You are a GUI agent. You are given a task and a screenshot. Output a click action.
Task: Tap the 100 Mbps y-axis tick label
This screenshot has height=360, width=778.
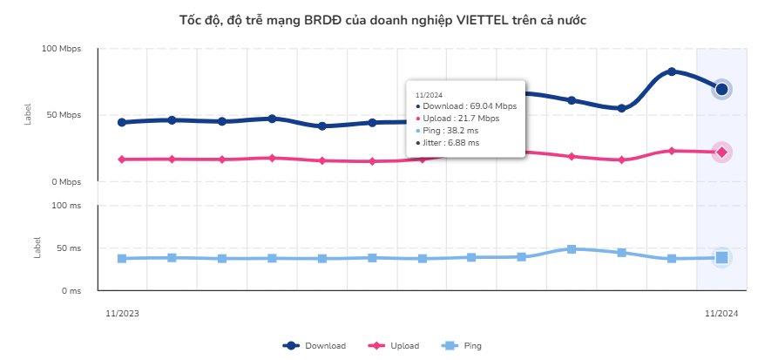pyautogui.click(x=62, y=49)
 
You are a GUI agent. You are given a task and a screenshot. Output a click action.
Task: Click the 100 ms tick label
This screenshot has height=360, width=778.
pyautogui.click(x=67, y=206)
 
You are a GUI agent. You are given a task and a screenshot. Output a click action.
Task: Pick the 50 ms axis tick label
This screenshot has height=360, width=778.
pyautogui.click(x=69, y=248)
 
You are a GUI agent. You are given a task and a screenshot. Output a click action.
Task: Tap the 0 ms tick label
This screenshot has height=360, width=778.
pyautogui.click(x=71, y=291)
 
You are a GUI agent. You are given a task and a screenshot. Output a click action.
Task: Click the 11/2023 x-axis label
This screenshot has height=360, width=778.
pyautogui.click(x=122, y=313)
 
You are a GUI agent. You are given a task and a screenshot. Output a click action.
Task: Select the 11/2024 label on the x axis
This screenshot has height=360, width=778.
pyautogui.click(x=721, y=313)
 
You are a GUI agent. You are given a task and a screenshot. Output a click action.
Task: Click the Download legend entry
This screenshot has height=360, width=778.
pyautogui.click(x=315, y=346)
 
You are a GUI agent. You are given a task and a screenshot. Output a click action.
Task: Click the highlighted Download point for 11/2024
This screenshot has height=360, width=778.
pyautogui.click(x=721, y=89)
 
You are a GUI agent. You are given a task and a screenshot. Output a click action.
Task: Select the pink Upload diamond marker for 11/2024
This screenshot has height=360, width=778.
pyautogui.click(x=721, y=153)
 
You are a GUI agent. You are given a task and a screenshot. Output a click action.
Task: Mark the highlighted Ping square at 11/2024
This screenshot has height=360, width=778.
pyautogui.click(x=721, y=257)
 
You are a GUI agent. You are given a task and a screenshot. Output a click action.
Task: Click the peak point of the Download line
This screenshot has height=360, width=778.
pyautogui.click(x=672, y=71)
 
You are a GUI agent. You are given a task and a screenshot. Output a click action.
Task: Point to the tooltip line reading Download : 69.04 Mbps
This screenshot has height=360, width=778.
pyautogui.click(x=469, y=105)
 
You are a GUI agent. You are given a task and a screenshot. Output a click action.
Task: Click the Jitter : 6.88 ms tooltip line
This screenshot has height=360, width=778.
pyautogui.click(x=450, y=142)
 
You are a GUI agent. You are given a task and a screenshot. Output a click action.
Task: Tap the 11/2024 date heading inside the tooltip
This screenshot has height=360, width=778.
pyautogui.click(x=430, y=93)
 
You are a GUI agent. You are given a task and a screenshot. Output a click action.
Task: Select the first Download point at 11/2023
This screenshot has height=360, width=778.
pyautogui.click(x=122, y=122)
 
